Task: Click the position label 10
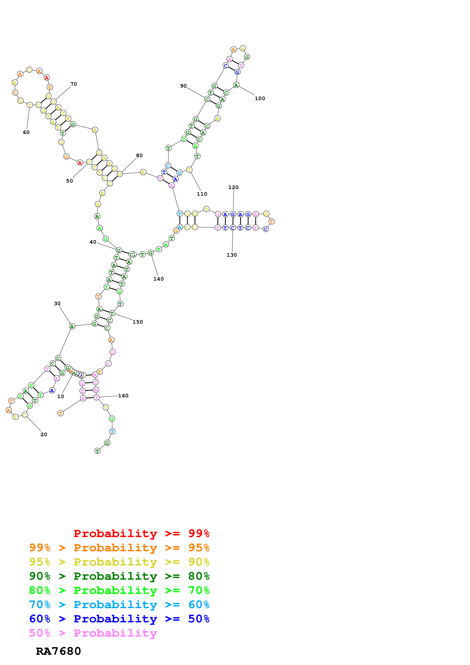[60, 396]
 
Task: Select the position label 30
[57, 303]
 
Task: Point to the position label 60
[26, 132]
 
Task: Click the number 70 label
[74, 84]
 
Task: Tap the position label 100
[260, 98]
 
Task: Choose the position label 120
[233, 187]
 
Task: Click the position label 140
[158, 279]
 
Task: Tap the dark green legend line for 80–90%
[119, 576]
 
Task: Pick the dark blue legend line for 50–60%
[119, 619]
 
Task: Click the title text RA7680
[58, 651]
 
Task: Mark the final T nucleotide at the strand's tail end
[98, 451]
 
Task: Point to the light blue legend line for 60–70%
[119, 605]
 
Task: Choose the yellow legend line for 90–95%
[119, 562]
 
